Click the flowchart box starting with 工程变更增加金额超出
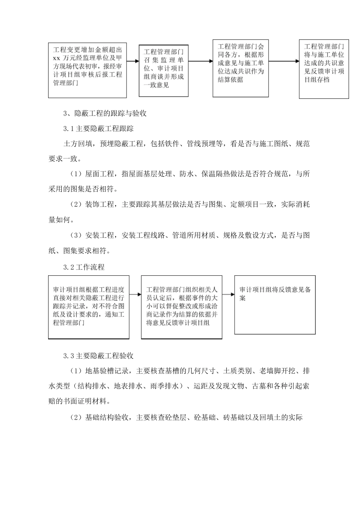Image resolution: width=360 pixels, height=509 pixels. tap(88, 70)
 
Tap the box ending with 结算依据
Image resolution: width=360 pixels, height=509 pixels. tap(241, 67)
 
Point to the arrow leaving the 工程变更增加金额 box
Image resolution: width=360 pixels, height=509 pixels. tap(133, 61)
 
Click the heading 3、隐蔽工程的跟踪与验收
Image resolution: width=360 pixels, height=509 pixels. tap(105, 113)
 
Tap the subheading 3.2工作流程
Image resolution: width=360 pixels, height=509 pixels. tap(84, 267)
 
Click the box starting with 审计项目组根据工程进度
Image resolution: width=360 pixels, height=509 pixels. tap(89, 307)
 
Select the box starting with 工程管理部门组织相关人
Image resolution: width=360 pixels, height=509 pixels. tap(182, 307)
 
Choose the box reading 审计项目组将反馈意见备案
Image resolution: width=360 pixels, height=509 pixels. tap(275, 304)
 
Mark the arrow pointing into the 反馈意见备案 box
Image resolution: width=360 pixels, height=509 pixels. tap(228, 294)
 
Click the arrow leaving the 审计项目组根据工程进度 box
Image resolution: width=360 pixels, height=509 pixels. tap(135, 294)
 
